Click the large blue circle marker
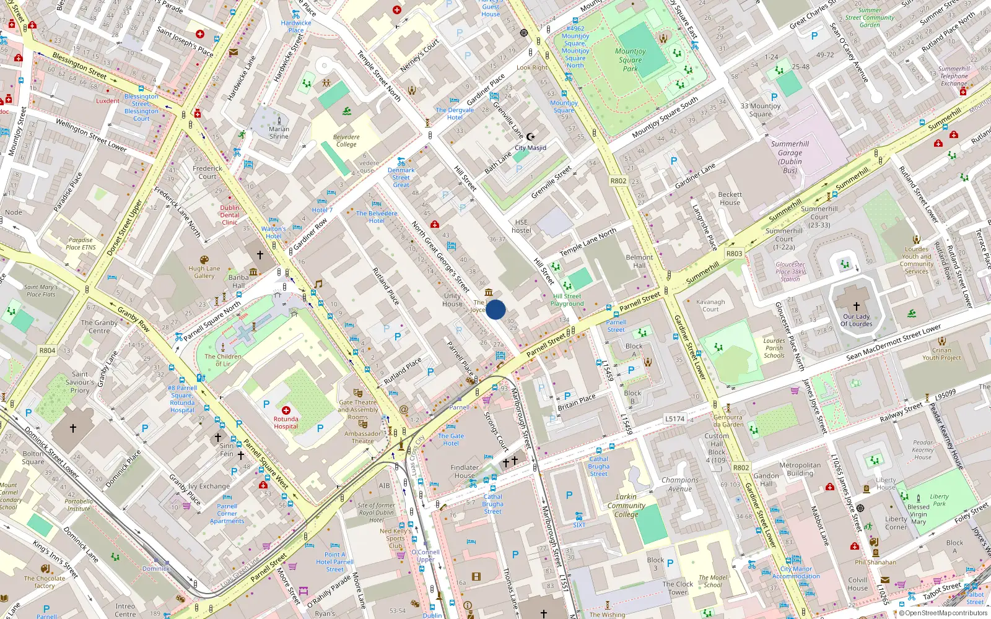(495, 309)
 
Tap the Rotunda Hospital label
(286, 423)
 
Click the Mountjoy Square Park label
(630, 60)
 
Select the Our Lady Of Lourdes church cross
(857, 306)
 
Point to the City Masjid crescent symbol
(530, 136)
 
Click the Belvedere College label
(346, 141)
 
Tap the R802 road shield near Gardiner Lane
(618, 181)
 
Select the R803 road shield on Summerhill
(734, 254)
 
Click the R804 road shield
(48, 350)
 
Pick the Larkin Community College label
(626, 506)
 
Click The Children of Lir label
(223, 360)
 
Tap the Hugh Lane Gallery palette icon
(204, 260)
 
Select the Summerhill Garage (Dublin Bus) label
(790, 157)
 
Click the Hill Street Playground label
(567, 300)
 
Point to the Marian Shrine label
(279, 133)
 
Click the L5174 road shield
(674, 419)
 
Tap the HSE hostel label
(522, 226)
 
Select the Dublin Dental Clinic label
(229, 215)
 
